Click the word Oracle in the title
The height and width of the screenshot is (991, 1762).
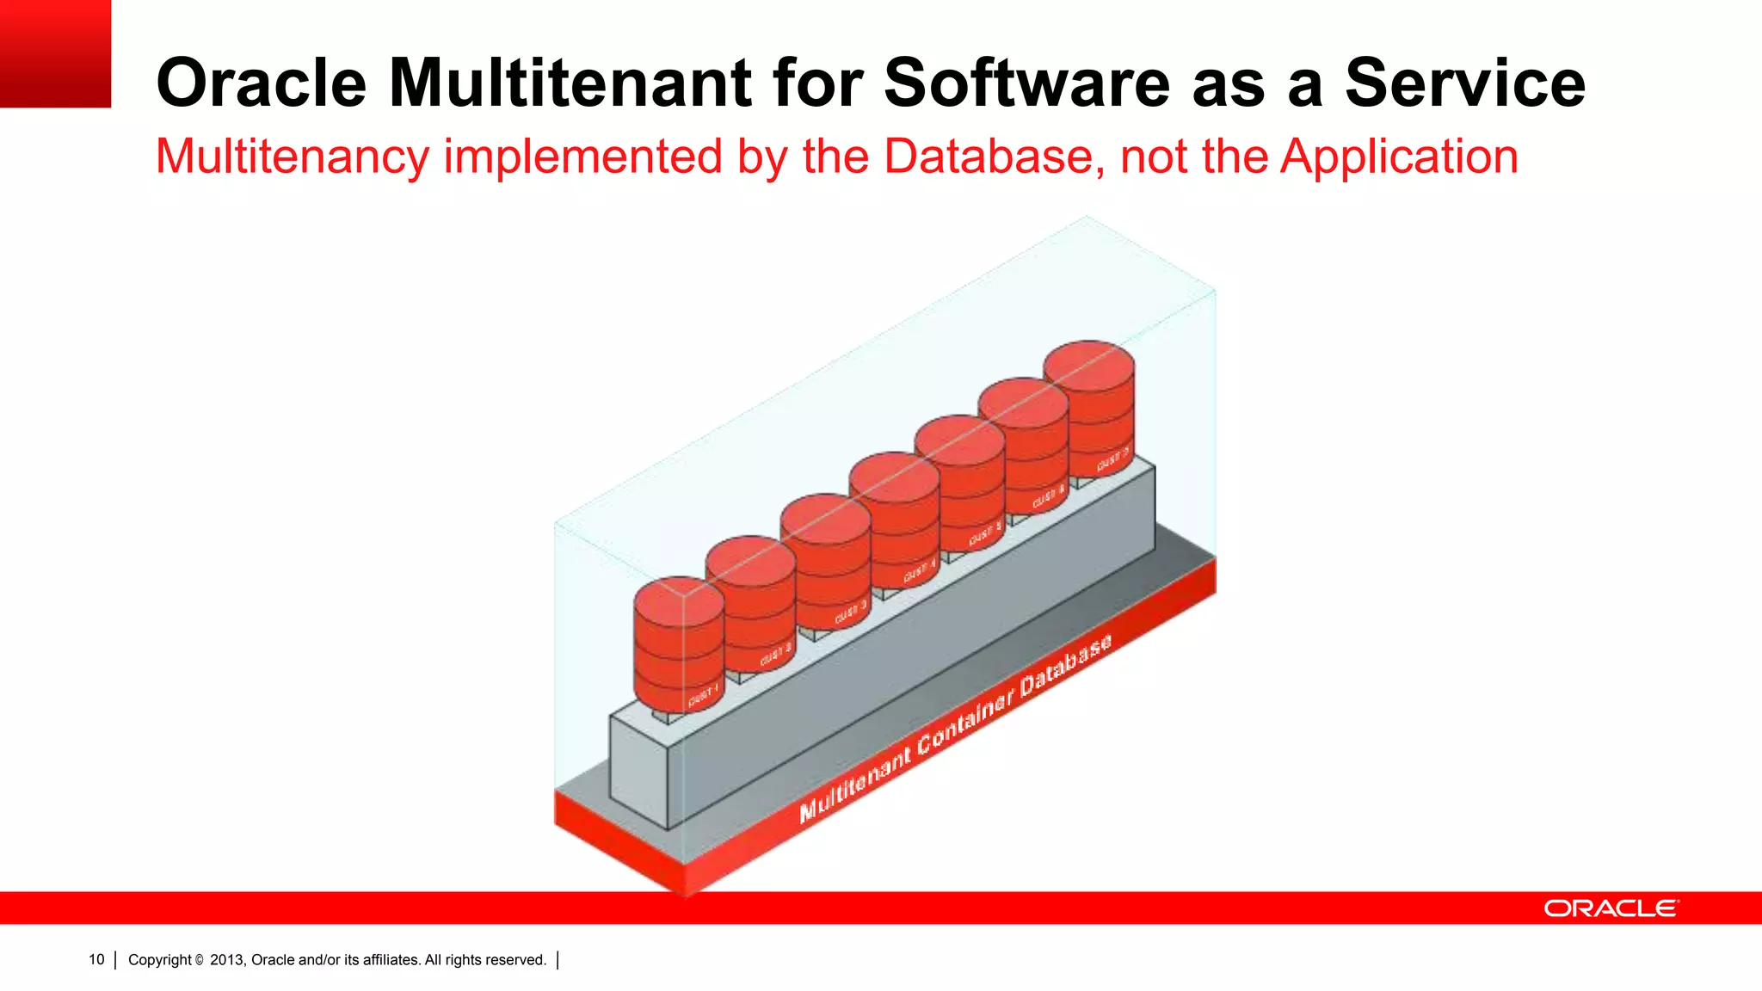click(x=262, y=83)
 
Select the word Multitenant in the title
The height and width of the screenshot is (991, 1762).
click(x=570, y=83)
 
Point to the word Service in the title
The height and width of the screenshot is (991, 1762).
click(x=1464, y=83)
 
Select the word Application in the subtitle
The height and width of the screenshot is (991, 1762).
click(x=1399, y=157)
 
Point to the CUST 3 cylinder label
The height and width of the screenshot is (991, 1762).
click(x=850, y=612)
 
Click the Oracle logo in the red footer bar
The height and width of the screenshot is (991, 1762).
click(x=1611, y=908)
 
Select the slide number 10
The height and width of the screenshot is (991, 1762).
click(x=96, y=959)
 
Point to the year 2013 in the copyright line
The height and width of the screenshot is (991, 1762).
click(x=227, y=959)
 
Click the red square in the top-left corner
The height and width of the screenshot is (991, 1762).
click(x=55, y=53)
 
